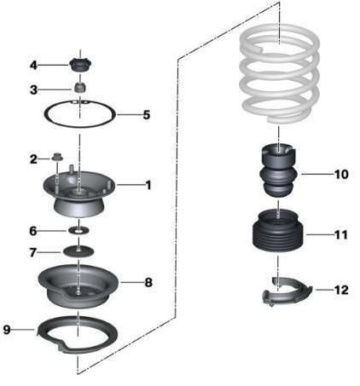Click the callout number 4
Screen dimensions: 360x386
click(x=33, y=66)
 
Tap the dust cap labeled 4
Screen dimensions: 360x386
click(x=80, y=66)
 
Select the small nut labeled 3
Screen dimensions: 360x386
click(x=80, y=87)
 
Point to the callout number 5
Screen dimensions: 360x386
click(x=147, y=115)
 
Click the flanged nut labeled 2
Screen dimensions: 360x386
click(x=57, y=157)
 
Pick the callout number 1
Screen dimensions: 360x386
click(x=148, y=185)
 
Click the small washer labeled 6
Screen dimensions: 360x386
click(x=78, y=231)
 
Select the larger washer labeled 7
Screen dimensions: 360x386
click(x=78, y=251)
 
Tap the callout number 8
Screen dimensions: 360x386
click(x=148, y=283)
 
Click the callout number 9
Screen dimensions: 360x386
click(x=7, y=330)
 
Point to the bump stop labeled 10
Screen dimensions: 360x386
click(x=279, y=170)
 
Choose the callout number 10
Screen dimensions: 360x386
click(x=341, y=174)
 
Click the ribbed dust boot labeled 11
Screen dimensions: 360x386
click(x=278, y=231)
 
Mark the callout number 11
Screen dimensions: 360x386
click(x=341, y=235)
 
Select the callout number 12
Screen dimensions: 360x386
click(x=341, y=290)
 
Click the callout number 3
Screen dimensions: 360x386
click(x=33, y=90)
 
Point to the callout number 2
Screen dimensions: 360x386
click(x=33, y=159)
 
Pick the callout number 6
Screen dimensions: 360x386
click(x=33, y=231)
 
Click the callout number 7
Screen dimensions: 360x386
click(x=33, y=252)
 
